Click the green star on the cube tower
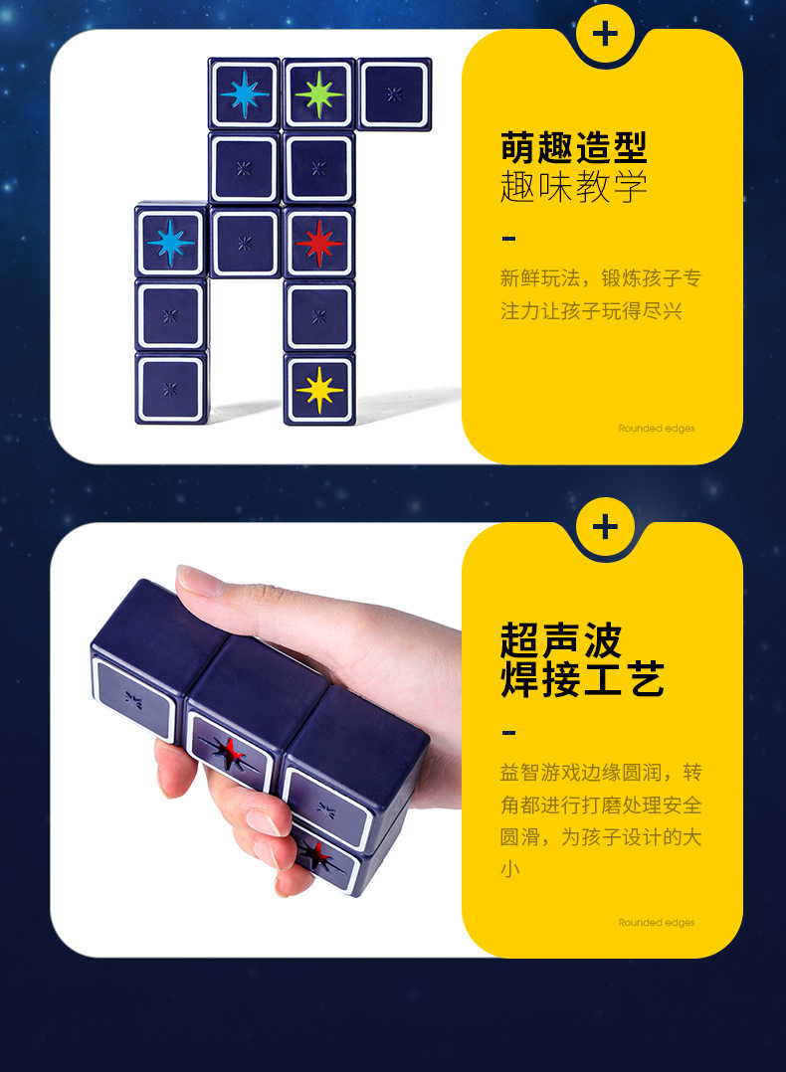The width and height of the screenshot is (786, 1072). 318,94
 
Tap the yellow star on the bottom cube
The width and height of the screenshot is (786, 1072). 319,389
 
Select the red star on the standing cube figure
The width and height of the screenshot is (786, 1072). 319,243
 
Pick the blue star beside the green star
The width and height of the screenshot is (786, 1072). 245,94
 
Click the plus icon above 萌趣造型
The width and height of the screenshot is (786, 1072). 605,34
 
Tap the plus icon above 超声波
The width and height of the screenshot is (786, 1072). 605,527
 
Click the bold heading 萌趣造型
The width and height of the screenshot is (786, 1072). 573,148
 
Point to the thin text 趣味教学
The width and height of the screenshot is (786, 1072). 573,187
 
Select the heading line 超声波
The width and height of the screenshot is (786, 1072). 560,641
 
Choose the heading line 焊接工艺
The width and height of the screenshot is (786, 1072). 582,680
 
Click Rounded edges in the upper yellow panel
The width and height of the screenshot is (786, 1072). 657,429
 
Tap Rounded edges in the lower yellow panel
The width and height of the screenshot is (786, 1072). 657,923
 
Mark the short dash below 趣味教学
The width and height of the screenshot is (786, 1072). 509,238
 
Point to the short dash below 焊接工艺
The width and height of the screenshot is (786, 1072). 509,733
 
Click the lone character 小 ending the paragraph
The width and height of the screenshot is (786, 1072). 509,869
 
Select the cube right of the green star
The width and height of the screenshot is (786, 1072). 394,94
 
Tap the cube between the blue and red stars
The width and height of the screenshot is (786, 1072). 245,243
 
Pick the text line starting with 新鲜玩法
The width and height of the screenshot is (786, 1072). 600,278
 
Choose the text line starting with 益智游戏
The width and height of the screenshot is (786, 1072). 600,773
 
